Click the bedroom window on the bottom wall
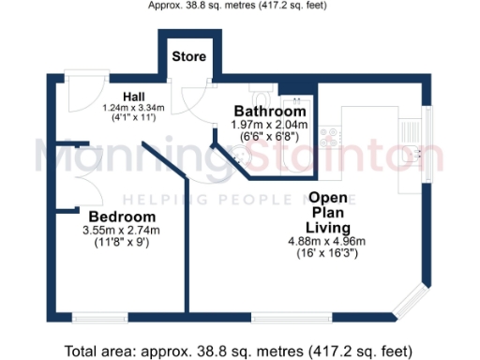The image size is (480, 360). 101,318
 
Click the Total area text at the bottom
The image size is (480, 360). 238,351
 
